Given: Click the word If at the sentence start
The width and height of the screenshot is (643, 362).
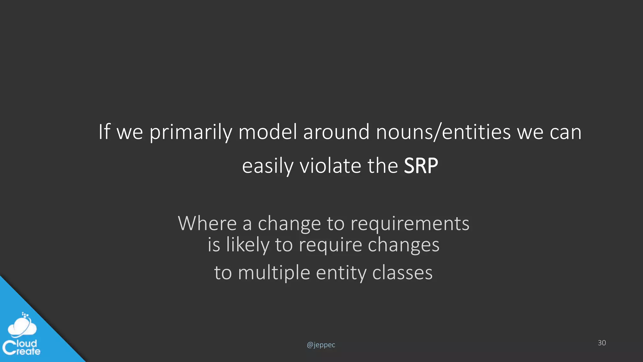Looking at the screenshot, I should pyautogui.click(x=104, y=132).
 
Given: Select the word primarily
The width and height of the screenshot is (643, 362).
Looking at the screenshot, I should pyautogui.click(x=191, y=132).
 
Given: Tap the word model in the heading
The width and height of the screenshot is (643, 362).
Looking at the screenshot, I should pyautogui.click(x=267, y=132).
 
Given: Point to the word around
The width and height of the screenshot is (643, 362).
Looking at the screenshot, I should pyautogui.click(x=336, y=132).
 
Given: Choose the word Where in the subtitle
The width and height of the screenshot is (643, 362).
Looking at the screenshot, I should pyautogui.click(x=207, y=223).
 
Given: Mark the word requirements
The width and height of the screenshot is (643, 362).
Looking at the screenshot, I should pyautogui.click(x=410, y=224).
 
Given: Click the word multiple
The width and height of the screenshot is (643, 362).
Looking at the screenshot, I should pyautogui.click(x=274, y=273).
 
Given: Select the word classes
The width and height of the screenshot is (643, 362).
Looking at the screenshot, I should pyautogui.click(x=402, y=272).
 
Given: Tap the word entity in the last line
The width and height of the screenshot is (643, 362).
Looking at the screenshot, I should pyautogui.click(x=341, y=273).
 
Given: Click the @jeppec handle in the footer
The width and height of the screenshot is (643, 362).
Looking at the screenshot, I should pyautogui.click(x=321, y=345).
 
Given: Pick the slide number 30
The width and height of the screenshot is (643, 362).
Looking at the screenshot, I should pyautogui.click(x=602, y=343).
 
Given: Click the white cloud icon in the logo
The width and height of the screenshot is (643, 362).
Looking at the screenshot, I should pyautogui.click(x=22, y=326).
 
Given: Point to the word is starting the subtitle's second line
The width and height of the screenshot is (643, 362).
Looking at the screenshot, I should pyautogui.click(x=214, y=245).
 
